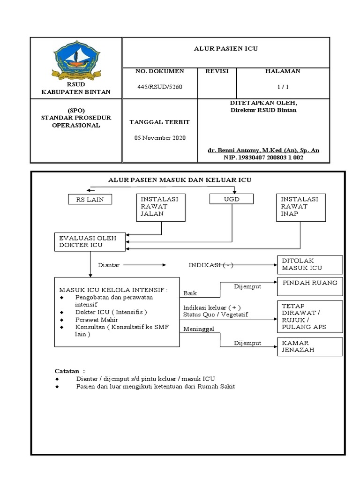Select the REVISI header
pyautogui.click(x=217, y=71)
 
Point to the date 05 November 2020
pyautogui.click(x=160, y=138)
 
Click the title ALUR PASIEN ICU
pyautogui.click(x=226, y=48)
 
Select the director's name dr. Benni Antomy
pyautogui.click(x=263, y=150)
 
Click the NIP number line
pyautogui.click(x=263, y=158)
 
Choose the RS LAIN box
pyautogui.click(x=90, y=199)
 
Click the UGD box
pyautogui.click(x=232, y=199)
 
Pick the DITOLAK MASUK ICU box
pyautogui.click(x=309, y=264)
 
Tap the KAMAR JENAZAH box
pyautogui.click(x=309, y=347)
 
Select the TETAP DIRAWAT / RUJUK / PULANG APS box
pyautogui.click(x=309, y=315)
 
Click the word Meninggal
pyautogui.click(x=198, y=329)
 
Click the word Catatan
pyautogui.click(x=67, y=371)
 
